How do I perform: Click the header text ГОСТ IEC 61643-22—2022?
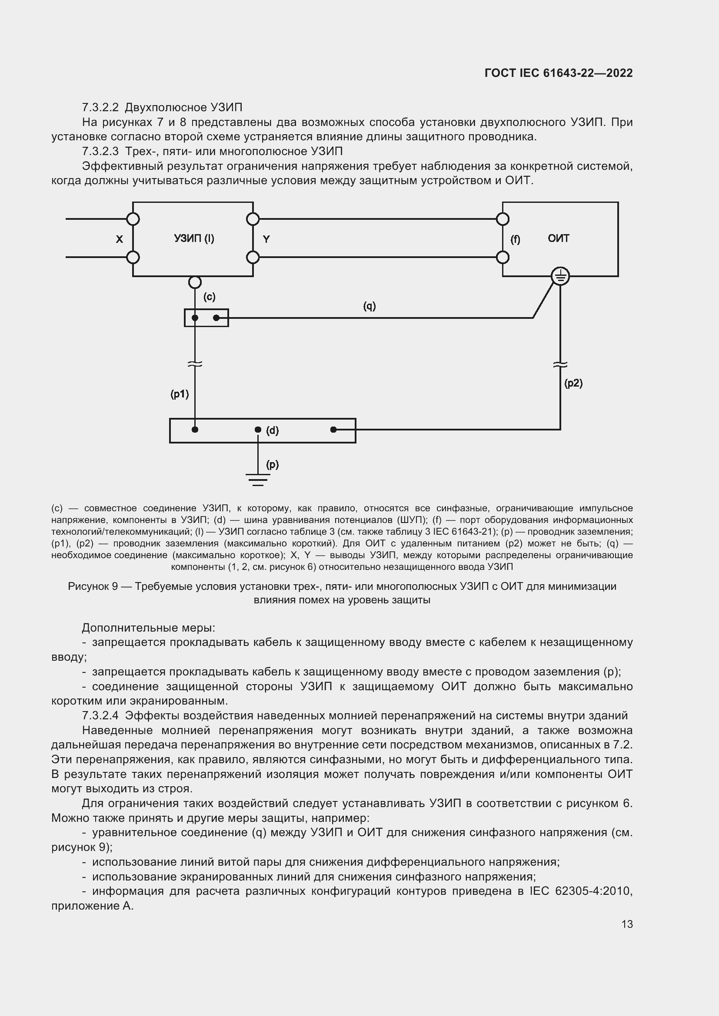tap(558, 73)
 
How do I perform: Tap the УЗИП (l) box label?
tap(194, 238)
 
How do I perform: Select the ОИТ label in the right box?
tap(558, 238)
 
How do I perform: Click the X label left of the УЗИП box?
tap(119, 239)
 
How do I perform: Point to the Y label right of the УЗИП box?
tap(266, 239)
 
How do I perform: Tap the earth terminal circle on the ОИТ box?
tap(560, 277)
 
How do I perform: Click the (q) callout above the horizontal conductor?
tap(369, 306)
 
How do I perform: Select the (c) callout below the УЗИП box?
tap(210, 297)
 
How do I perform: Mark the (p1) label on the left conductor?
tap(180, 394)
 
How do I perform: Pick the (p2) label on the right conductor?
tap(573, 383)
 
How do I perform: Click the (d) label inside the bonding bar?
tap(272, 430)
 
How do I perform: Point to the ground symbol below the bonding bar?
tap(258, 480)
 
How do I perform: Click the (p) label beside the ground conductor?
tap(272, 464)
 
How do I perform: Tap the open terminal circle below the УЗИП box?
tap(195, 282)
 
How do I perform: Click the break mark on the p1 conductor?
tap(195, 364)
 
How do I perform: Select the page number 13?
tap(627, 924)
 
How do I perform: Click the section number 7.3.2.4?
tap(100, 715)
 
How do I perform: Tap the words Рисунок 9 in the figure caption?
tap(93, 586)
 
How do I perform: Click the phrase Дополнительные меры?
tap(148, 628)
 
